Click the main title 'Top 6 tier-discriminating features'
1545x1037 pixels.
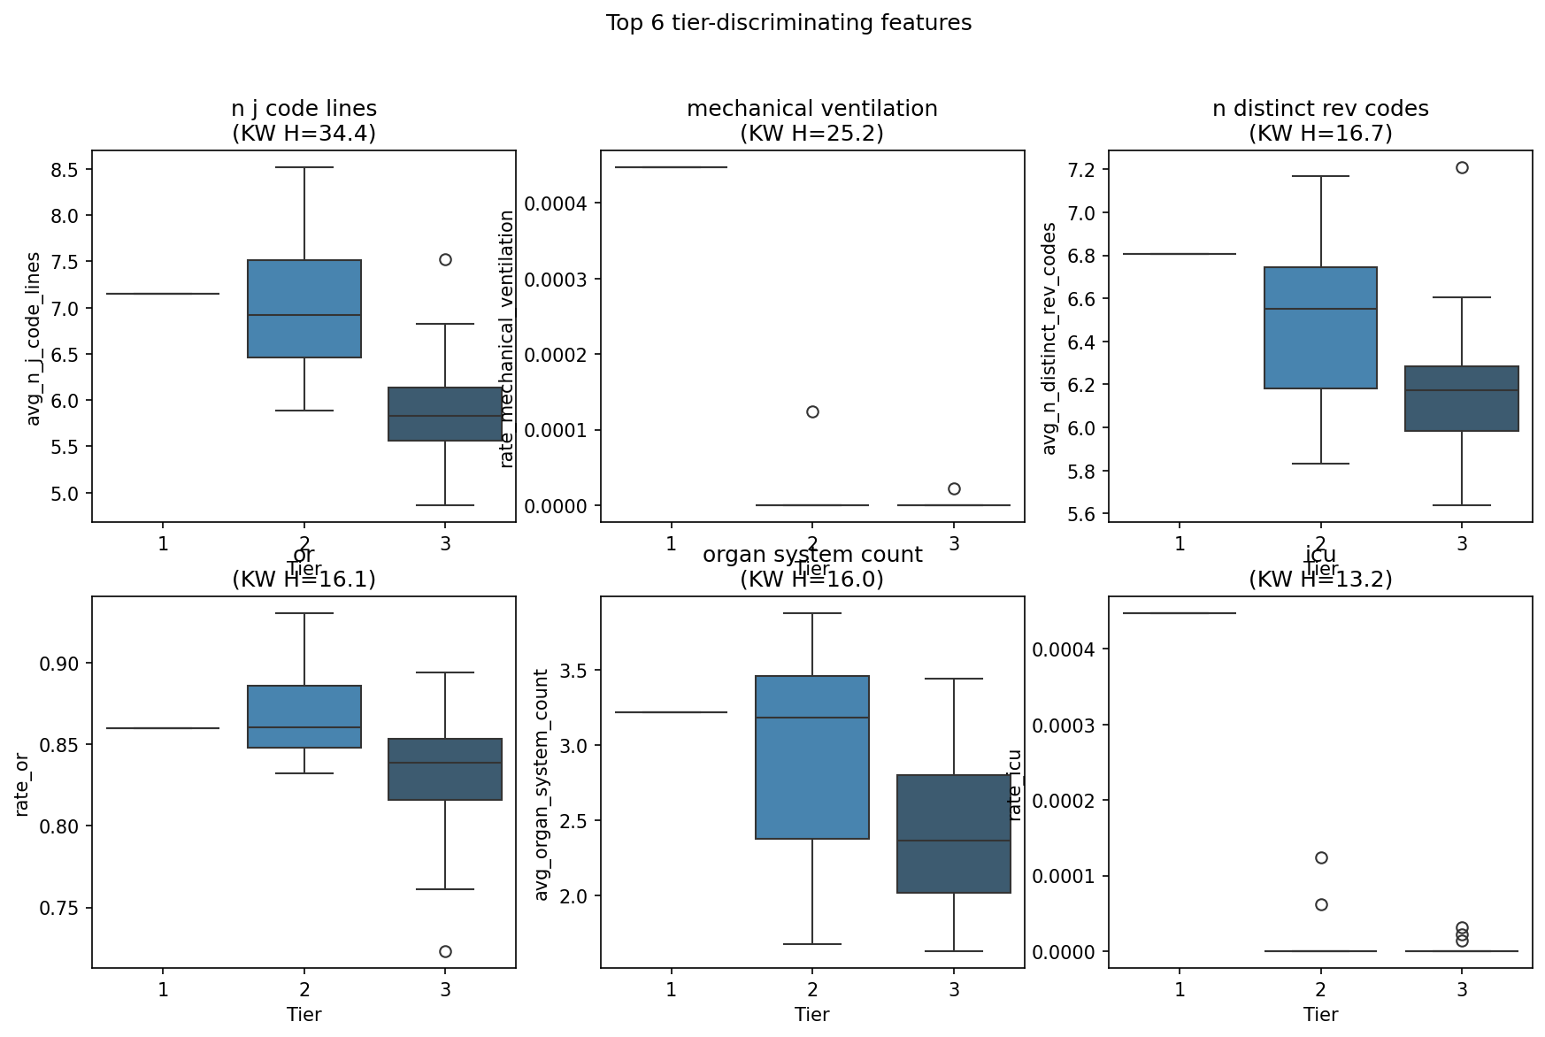[x=788, y=23]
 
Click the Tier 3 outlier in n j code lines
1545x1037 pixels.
[x=445, y=259]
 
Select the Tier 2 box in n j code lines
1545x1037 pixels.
[x=304, y=309]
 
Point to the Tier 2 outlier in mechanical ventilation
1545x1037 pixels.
[x=812, y=411]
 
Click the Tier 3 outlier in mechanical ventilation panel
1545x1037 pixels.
[x=954, y=488]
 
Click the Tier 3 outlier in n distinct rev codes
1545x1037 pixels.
[x=1462, y=167]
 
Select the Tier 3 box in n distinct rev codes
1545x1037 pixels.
[x=1462, y=398]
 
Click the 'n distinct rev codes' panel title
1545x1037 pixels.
[x=1320, y=109]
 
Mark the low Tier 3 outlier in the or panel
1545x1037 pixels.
[x=445, y=951]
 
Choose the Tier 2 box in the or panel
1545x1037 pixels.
[x=304, y=717]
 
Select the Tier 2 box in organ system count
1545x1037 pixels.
[x=812, y=757]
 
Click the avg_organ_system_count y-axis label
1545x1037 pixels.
[x=542, y=784]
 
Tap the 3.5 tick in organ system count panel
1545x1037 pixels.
[x=576, y=670]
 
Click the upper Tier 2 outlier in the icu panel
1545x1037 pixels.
[x=1321, y=857]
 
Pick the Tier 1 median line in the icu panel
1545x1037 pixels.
[x=1180, y=613]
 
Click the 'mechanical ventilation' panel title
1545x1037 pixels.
[x=811, y=109]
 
